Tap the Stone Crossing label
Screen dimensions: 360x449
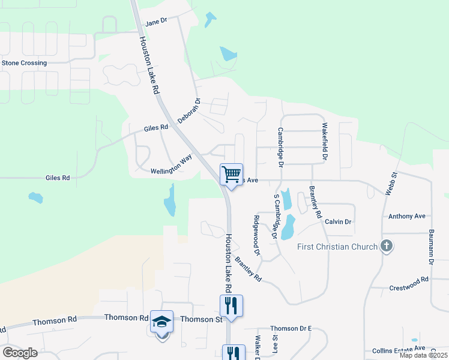pyautogui.click(x=24, y=63)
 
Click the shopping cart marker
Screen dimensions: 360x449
pyautogui.click(x=231, y=175)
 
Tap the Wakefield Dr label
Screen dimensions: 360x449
pyautogui.click(x=325, y=142)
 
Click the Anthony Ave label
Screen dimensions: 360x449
pyautogui.click(x=406, y=216)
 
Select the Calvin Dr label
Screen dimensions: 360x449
pyautogui.click(x=337, y=221)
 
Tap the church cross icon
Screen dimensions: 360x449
pyautogui.click(x=387, y=246)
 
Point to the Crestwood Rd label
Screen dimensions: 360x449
pyautogui.click(x=408, y=280)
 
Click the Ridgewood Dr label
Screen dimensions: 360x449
pyautogui.click(x=257, y=236)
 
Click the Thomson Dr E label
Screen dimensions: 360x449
pyautogui.click(x=291, y=328)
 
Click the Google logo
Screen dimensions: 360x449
pyautogui.click(x=20, y=352)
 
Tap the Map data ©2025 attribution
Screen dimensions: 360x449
pyautogui.click(x=423, y=355)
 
